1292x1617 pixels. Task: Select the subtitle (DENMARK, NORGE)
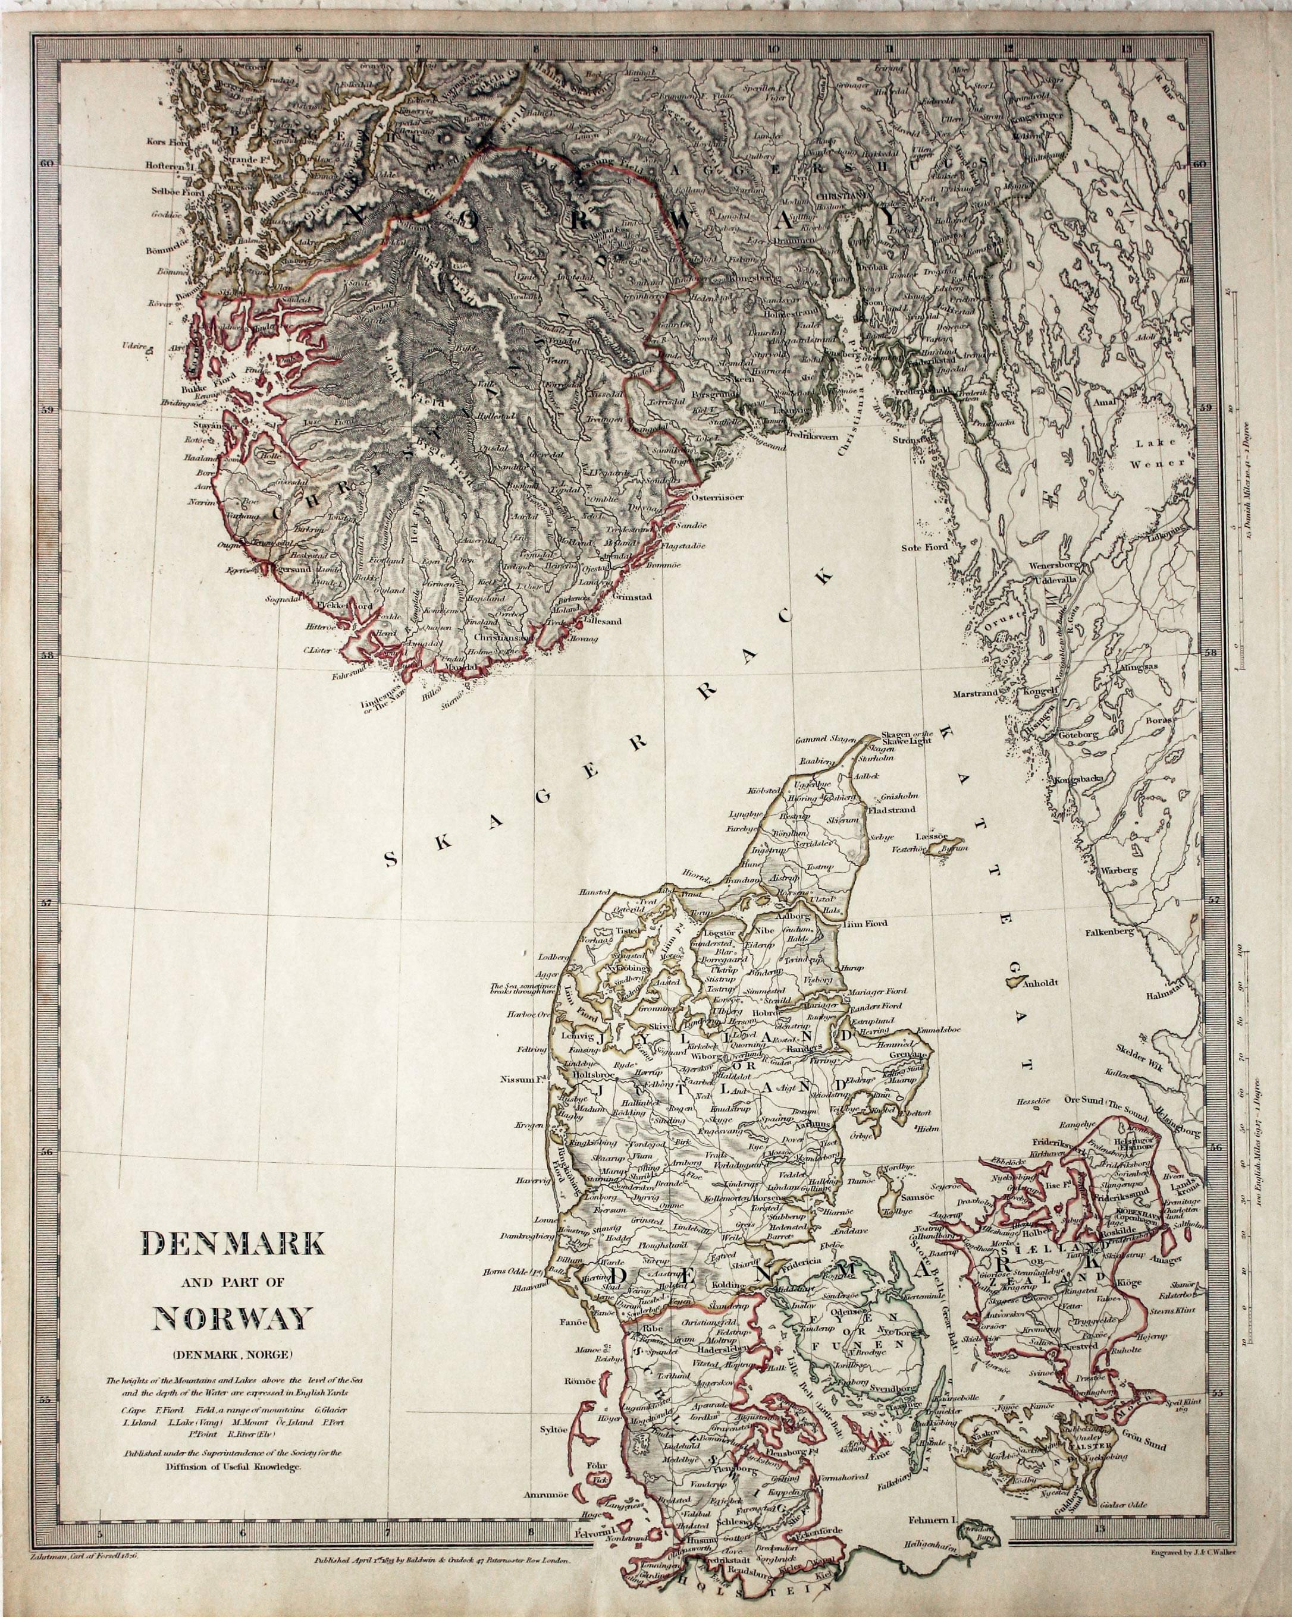point(233,1354)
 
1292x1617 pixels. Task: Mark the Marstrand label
point(976,694)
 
